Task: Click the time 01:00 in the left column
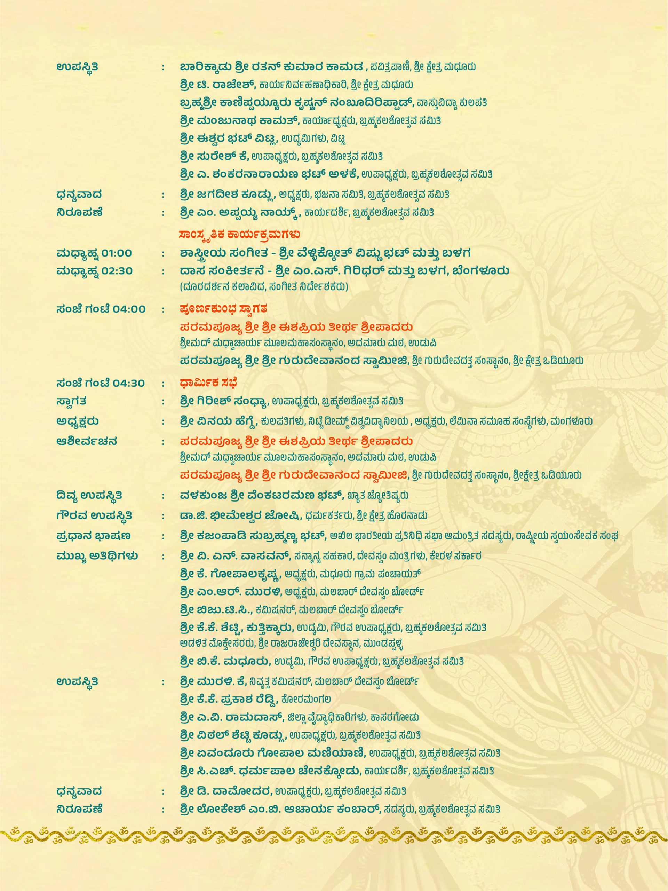pos(116,253)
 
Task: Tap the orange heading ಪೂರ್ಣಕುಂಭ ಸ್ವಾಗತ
pos(223,309)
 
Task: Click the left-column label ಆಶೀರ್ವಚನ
pos(87,441)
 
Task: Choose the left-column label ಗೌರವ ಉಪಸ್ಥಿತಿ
pos(94,515)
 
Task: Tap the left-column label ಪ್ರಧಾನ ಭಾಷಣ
pos(93,536)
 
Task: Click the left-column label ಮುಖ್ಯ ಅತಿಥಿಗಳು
pos(97,556)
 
